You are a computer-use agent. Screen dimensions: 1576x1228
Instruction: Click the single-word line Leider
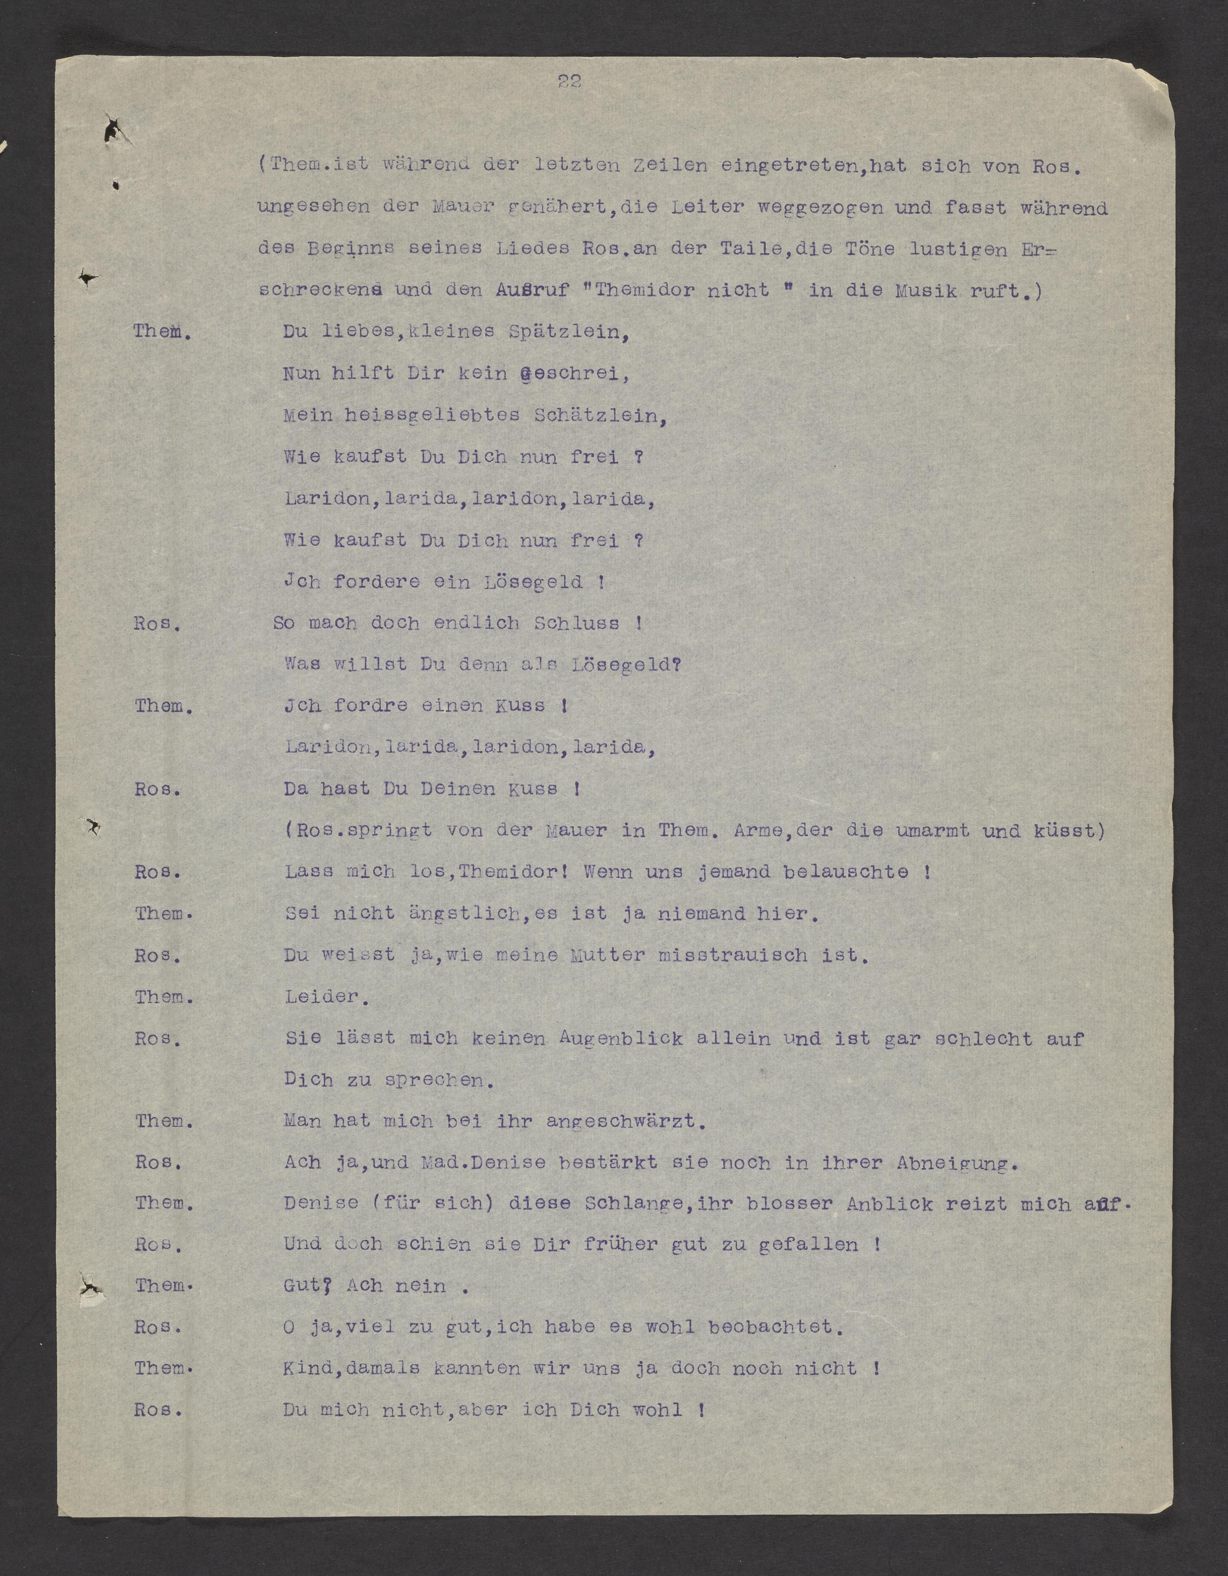pyautogui.click(x=322, y=996)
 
